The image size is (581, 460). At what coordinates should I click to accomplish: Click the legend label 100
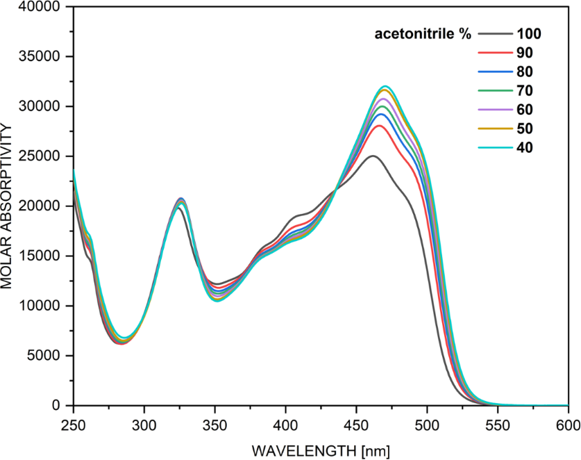click(529, 33)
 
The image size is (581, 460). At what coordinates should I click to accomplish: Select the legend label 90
click(525, 53)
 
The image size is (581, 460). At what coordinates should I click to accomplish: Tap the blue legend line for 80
click(494, 72)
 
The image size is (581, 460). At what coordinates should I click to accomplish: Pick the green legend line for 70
click(494, 90)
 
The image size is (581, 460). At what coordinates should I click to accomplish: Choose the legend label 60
click(525, 109)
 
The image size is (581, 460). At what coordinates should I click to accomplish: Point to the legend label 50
click(525, 128)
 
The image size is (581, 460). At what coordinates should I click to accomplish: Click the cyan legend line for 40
click(494, 147)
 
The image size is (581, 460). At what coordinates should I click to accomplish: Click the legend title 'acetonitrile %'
click(423, 33)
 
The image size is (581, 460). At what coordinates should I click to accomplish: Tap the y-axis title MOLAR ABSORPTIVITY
click(8, 207)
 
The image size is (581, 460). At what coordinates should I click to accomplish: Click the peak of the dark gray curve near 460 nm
click(373, 156)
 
